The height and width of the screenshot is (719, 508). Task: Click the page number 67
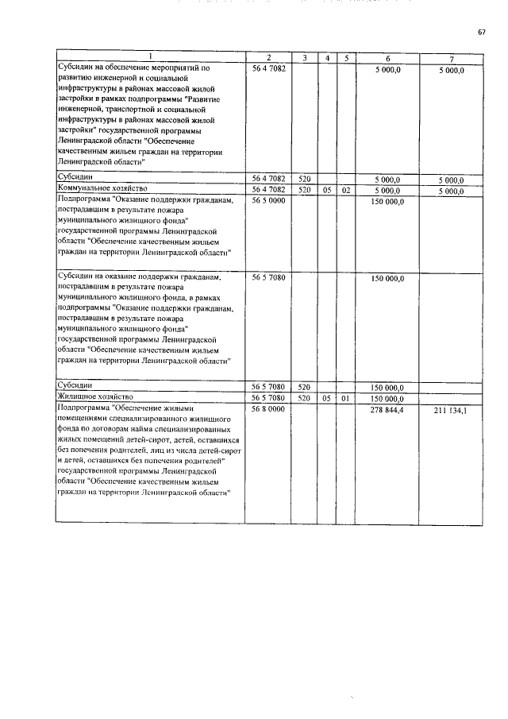[481, 32]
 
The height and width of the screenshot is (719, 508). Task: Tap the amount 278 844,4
[387, 408]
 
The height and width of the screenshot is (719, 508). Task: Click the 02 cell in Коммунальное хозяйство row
[345, 191]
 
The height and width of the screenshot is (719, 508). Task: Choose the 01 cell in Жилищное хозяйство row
[345, 396]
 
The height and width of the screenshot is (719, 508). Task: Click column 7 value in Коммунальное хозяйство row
[450, 191]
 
